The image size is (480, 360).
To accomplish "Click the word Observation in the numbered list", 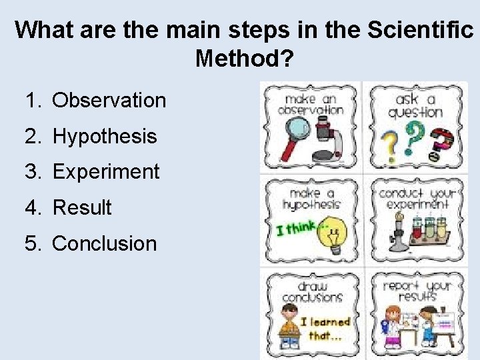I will [x=109, y=101].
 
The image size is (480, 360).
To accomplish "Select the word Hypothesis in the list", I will [x=105, y=137].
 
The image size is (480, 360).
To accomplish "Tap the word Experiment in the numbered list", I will [x=106, y=172].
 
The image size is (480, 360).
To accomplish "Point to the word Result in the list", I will [x=82, y=208].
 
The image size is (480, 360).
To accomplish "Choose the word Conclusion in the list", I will [x=104, y=244].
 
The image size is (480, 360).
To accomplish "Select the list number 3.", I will [x=32, y=172].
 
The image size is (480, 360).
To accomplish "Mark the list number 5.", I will [x=32, y=244].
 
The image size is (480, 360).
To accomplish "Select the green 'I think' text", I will [x=297, y=228].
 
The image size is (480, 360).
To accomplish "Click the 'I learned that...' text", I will [x=325, y=329].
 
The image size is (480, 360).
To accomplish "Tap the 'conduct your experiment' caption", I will [x=417, y=198].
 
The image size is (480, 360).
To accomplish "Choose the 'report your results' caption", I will [x=417, y=291].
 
